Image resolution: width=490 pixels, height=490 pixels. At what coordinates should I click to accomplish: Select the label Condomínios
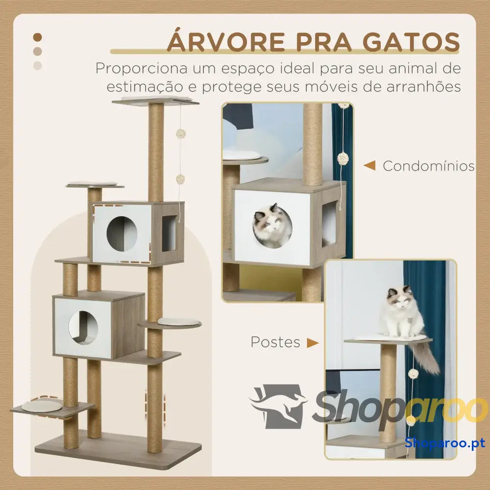click(x=428, y=166)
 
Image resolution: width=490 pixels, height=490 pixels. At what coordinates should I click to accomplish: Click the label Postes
click(x=275, y=342)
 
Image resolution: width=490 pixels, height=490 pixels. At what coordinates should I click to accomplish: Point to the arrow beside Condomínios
click(x=369, y=166)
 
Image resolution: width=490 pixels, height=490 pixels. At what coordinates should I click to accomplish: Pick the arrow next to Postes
click(x=313, y=343)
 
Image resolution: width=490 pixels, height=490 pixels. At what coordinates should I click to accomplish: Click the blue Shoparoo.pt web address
click(x=445, y=442)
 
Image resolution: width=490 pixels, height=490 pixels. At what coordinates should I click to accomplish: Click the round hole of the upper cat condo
click(x=122, y=234)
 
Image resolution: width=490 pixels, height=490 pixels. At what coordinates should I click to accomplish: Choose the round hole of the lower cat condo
click(x=83, y=327)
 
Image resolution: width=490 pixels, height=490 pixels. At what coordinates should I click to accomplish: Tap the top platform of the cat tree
click(x=155, y=100)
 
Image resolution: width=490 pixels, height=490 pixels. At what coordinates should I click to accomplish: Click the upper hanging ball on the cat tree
click(x=181, y=134)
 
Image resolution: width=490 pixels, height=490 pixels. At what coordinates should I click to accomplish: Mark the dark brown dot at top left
click(x=38, y=37)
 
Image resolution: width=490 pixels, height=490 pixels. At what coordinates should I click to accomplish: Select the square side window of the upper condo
click(x=169, y=233)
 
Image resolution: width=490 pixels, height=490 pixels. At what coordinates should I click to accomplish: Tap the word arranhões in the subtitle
click(x=424, y=87)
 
